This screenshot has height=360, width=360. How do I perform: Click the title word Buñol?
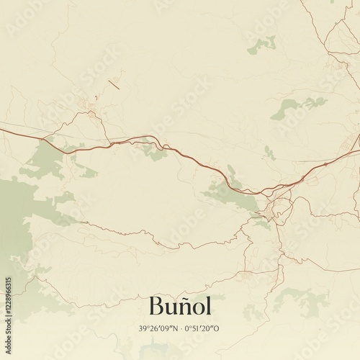(x=180, y=306)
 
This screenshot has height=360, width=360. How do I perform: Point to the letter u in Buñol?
(x=172, y=308)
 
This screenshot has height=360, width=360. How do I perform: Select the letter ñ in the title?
(x=186, y=307)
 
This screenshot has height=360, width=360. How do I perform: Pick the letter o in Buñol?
(x=199, y=308)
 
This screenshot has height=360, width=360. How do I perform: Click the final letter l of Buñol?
(x=208, y=305)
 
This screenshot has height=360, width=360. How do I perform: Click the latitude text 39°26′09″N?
(x=158, y=328)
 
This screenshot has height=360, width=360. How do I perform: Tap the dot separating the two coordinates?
(x=180, y=328)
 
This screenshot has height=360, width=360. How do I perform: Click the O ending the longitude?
(x=217, y=328)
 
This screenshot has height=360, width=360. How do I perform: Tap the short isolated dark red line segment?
(x=113, y=84)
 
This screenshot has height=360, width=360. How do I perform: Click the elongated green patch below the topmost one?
(x=292, y=107)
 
